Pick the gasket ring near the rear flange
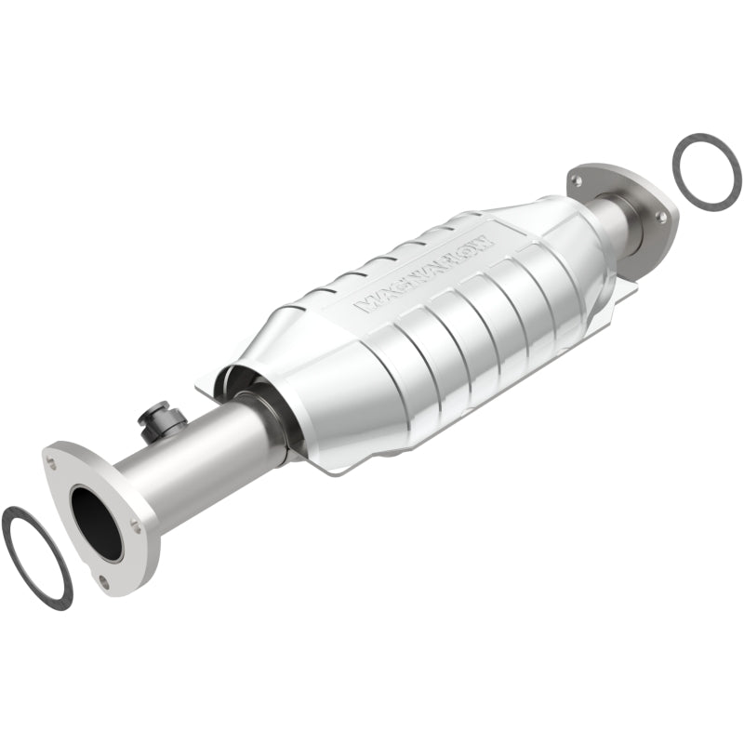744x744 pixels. pyautogui.click(x=707, y=170)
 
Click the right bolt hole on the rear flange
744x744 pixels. pyautogui.click(x=661, y=216)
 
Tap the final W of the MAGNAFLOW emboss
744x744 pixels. pyautogui.click(x=490, y=235)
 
